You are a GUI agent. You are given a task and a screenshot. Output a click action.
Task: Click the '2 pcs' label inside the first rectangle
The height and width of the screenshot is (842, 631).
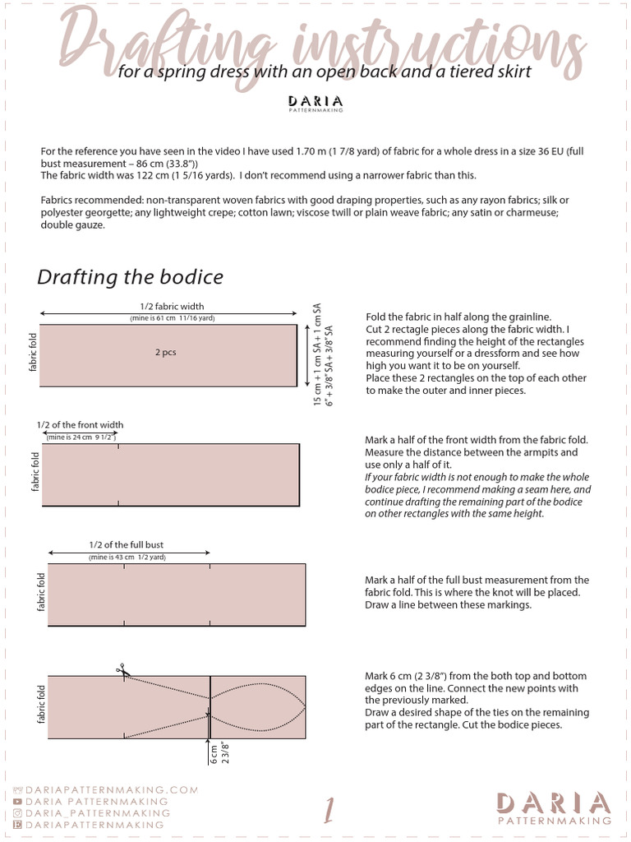pos(165,352)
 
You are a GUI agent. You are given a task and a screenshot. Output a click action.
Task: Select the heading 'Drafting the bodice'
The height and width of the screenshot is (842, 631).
pos(130,277)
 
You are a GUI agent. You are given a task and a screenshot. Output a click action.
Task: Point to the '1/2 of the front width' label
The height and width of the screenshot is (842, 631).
pos(80,425)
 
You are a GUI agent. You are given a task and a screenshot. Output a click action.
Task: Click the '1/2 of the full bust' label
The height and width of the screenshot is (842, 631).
pos(129,545)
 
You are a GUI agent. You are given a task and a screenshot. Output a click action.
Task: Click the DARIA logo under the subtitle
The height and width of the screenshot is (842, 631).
pos(315,103)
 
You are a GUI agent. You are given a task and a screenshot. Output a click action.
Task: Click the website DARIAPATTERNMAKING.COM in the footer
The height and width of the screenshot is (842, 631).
pos(112,789)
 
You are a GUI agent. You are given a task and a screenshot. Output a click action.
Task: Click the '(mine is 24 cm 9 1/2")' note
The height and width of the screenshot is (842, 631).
pos(80,437)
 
